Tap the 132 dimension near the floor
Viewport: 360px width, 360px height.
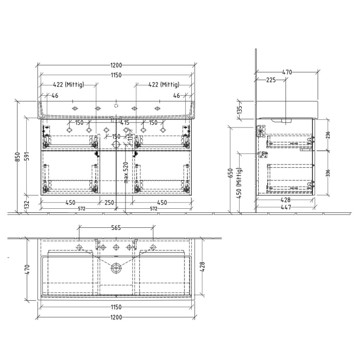point(27,204)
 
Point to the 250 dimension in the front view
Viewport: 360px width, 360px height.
point(109,202)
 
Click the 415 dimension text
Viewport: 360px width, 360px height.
point(125,123)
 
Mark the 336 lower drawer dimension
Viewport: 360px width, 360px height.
point(328,172)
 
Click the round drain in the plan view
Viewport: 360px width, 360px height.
point(117,267)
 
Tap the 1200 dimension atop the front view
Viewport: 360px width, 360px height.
point(116,65)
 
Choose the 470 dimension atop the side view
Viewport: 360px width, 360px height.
point(287,73)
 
